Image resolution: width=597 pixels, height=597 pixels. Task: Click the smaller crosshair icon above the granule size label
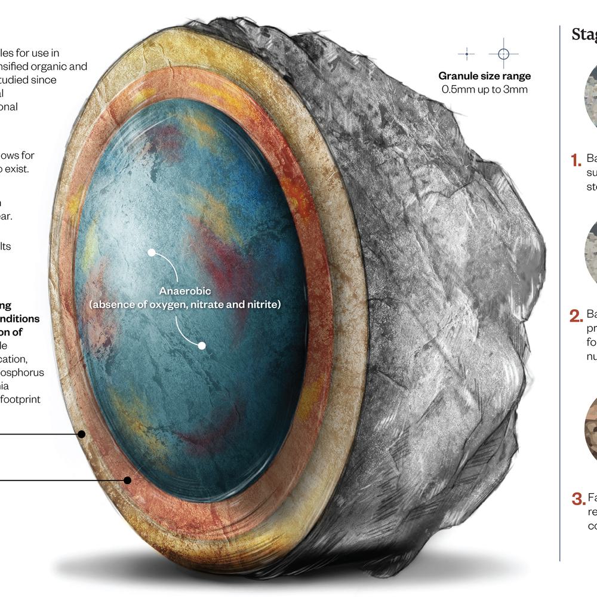(x=466, y=54)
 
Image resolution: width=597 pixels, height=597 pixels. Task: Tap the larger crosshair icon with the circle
(x=503, y=54)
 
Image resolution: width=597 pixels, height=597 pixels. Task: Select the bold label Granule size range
(x=484, y=76)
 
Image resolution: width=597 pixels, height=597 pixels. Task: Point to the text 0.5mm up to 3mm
(x=484, y=90)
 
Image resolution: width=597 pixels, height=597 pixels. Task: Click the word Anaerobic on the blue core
(x=184, y=291)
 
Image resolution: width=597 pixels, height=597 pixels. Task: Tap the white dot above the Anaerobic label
(x=152, y=253)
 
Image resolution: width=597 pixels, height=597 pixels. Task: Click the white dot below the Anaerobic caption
(x=202, y=345)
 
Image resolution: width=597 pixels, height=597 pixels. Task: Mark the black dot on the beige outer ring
(x=82, y=434)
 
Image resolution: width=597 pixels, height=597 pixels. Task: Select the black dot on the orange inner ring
(x=127, y=479)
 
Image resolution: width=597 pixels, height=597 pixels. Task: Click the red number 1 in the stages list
(x=576, y=160)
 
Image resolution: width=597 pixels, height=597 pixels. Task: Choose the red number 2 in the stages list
(x=576, y=316)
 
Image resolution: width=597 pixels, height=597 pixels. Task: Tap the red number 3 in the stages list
(x=577, y=498)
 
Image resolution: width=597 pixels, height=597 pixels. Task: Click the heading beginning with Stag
(x=584, y=35)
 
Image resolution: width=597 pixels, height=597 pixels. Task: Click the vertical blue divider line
(x=560, y=298)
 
